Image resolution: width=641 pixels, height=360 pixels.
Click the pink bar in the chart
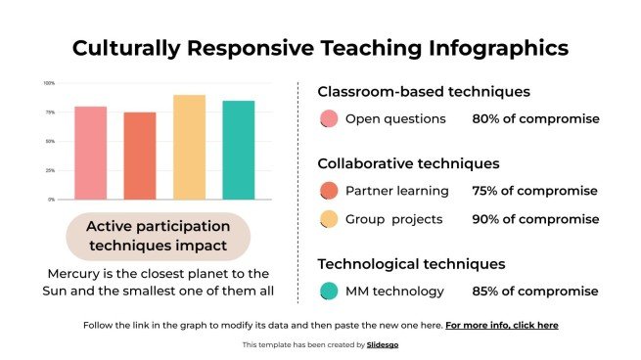(x=90, y=153)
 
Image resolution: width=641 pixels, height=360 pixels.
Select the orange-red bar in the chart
(x=139, y=156)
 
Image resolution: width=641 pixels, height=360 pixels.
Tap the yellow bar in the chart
(x=189, y=147)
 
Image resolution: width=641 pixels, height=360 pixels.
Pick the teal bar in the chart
(x=238, y=150)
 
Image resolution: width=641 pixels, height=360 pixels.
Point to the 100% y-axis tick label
(x=50, y=83)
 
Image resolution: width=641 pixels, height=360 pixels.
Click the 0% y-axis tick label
(x=52, y=200)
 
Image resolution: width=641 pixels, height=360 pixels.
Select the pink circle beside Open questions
(x=329, y=119)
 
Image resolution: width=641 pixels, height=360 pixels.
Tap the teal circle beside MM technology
(x=329, y=291)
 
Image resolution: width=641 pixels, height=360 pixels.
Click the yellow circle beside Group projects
(x=329, y=219)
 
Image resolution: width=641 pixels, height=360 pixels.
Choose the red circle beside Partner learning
(x=329, y=191)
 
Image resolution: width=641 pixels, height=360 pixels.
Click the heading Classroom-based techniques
(x=424, y=92)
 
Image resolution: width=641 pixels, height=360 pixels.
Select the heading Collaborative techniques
(x=408, y=163)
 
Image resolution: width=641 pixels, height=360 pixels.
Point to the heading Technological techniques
(x=411, y=263)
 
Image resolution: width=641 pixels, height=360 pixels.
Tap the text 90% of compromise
(x=535, y=219)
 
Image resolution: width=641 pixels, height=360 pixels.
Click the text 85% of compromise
(x=535, y=291)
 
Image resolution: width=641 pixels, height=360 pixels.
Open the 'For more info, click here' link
(x=502, y=324)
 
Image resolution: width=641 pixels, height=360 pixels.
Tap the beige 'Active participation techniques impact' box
(x=158, y=235)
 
